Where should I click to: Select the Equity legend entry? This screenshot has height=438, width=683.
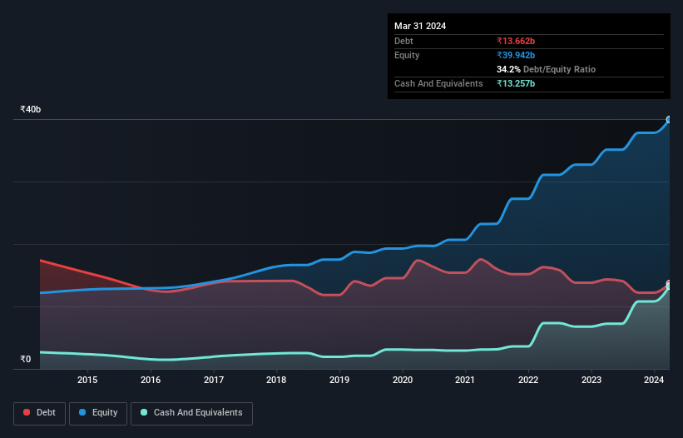97,413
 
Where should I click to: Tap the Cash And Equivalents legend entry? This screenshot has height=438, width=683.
191,413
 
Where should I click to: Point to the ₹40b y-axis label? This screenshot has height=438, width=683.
31,110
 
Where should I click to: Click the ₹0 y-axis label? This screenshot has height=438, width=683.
25,360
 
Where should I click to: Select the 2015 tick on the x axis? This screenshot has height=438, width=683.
87,381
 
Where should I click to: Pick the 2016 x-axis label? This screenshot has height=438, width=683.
151,381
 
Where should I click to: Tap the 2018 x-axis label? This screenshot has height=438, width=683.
276,381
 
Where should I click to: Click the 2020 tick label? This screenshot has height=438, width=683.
403,381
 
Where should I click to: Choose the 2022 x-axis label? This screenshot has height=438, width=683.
528,381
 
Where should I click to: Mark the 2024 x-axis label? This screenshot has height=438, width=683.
655,381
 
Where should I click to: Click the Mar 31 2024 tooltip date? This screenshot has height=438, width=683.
420,26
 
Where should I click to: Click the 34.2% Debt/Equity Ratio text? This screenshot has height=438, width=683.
546,69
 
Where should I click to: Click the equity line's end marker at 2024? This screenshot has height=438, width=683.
669,120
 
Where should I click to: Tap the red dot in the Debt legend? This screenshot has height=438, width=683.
27,413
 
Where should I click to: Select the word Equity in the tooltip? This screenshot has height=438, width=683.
407,55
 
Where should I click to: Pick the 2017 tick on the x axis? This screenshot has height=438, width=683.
214,381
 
